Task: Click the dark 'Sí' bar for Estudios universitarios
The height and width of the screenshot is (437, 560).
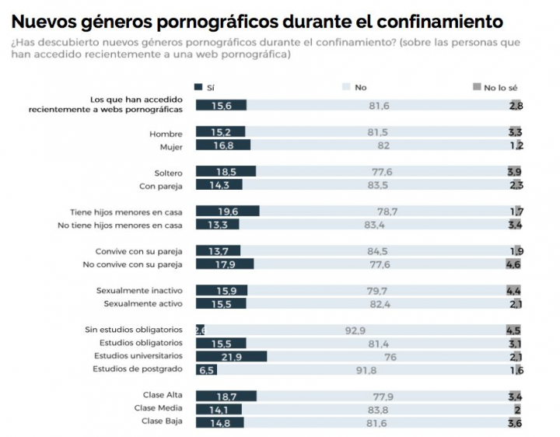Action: coord(231,356)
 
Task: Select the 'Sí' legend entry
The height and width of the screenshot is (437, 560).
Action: coord(205,87)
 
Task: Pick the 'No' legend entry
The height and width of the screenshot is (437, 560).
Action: coord(355,87)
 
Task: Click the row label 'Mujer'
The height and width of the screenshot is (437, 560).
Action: coord(170,145)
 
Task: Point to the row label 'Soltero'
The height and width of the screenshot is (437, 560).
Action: coord(168,172)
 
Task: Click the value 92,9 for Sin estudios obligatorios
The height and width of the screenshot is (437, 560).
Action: coord(355,330)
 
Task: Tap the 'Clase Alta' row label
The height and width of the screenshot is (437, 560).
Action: coord(163,396)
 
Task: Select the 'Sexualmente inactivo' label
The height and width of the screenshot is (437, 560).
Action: coord(138,290)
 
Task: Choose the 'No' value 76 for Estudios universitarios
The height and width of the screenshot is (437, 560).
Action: coord(390,357)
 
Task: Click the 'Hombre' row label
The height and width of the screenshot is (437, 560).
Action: coord(166,133)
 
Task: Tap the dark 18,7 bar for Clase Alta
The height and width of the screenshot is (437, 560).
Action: coord(226,397)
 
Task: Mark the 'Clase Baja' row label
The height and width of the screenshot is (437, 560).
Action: coord(163,422)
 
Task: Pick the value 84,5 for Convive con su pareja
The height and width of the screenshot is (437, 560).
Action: coord(377,251)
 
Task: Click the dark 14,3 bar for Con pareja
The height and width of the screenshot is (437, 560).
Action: coord(219,185)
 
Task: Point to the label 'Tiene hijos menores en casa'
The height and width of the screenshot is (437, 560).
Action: coord(126,212)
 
